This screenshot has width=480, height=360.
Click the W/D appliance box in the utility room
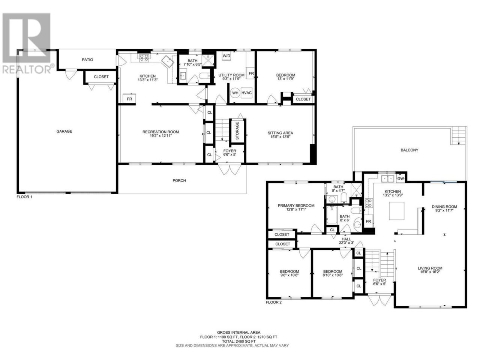coord(226,56)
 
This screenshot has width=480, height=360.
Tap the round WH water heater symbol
coord(235,93)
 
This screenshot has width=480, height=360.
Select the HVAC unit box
coord(246,93)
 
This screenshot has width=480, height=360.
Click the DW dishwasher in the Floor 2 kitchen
coord(400,178)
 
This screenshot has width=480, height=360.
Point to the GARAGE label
coord(64,131)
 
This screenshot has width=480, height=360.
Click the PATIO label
coord(87,60)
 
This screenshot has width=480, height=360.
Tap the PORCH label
coord(179,180)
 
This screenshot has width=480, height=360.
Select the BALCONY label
coord(409,150)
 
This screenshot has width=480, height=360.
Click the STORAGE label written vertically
coord(237,131)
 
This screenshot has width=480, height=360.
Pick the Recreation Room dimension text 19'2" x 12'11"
coord(160,136)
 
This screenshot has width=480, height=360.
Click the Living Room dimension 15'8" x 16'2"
coord(430,272)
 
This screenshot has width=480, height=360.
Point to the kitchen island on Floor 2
coord(396,211)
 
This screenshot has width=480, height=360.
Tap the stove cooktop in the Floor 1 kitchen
coord(144,58)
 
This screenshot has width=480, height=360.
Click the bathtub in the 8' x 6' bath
coord(332,215)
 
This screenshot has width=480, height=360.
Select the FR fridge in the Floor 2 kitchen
coord(368,221)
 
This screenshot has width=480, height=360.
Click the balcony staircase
coord(459,136)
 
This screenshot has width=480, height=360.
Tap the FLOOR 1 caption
coord(24,197)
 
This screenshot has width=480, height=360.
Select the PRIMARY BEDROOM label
coord(296,205)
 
